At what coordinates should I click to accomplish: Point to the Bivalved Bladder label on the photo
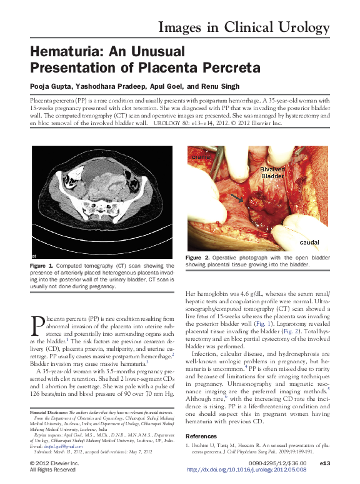[x=272, y=173]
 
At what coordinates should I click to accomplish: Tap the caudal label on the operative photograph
[x=310, y=241]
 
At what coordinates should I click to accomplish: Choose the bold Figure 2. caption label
[x=197, y=258]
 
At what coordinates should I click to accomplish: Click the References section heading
[x=201, y=435]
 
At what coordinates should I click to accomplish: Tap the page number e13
[x=324, y=463]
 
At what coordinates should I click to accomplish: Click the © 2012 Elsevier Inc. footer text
[x=54, y=463]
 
